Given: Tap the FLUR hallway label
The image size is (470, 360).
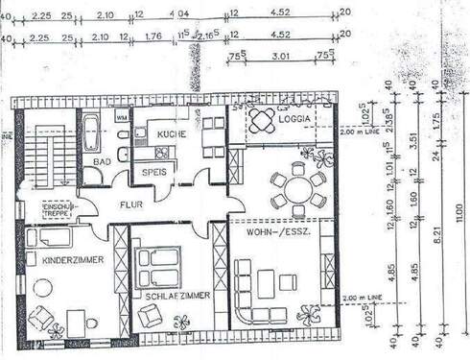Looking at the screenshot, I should coord(130,204).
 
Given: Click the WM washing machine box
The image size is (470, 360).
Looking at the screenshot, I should coord(121,116).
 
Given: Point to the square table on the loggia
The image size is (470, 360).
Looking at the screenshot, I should coord(262,120).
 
